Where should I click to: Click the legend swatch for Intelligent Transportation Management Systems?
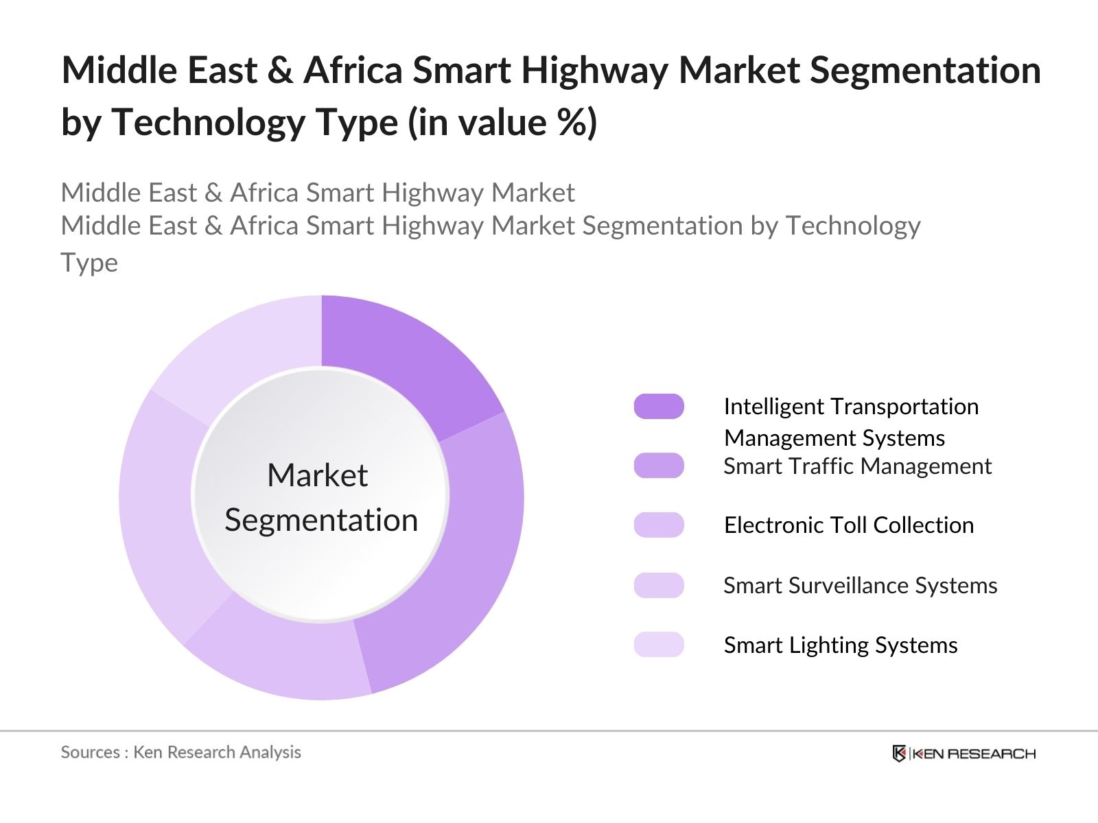click(659, 406)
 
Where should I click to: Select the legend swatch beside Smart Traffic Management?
click(659, 466)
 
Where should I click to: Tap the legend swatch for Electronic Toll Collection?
click(659, 525)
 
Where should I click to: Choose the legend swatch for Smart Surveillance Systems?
click(659, 585)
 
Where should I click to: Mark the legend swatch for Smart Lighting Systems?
click(659, 645)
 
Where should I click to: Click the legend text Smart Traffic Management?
click(857, 466)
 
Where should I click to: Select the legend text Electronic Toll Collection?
click(849, 525)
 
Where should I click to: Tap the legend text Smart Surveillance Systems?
click(861, 586)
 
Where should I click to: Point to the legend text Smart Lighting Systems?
click(841, 645)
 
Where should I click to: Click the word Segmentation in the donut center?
click(321, 520)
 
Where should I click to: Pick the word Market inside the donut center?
click(318, 475)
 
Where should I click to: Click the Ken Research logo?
click(963, 753)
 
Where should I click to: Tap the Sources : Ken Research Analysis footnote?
click(181, 752)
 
